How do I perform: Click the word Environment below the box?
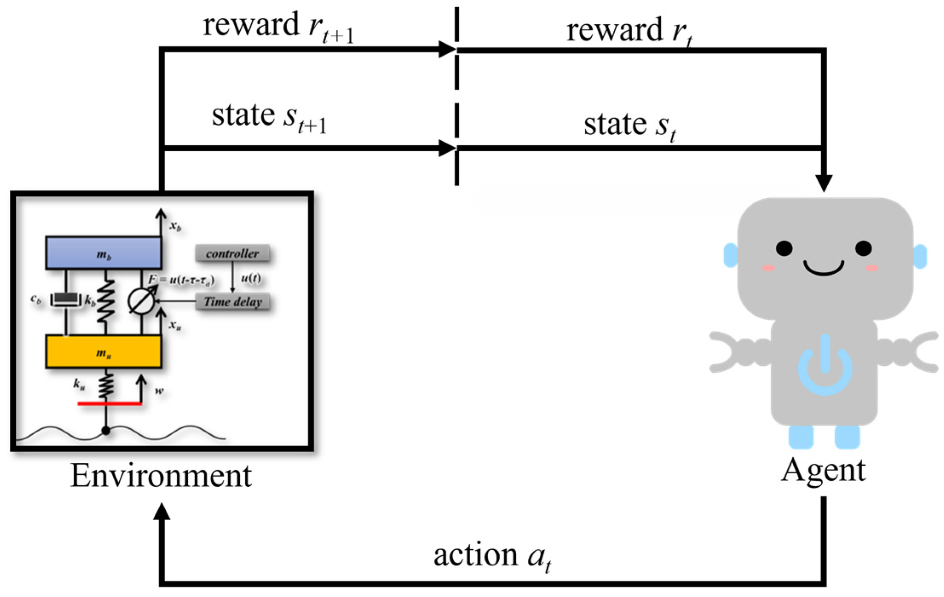(161, 476)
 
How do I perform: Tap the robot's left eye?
(784, 248)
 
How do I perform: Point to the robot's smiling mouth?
(823, 268)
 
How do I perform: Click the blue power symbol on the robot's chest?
(825, 366)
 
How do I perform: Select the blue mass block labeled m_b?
(104, 253)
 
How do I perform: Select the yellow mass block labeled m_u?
(104, 352)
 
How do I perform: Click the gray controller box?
(232, 254)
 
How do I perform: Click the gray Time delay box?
(233, 302)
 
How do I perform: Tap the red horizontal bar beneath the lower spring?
(109, 403)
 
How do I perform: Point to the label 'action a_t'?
(492, 557)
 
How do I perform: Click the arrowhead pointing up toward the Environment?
(162, 512)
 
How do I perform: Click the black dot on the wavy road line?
(106, 431)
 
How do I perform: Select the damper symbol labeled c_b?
(66, 300)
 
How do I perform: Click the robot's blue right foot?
(847, 437)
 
